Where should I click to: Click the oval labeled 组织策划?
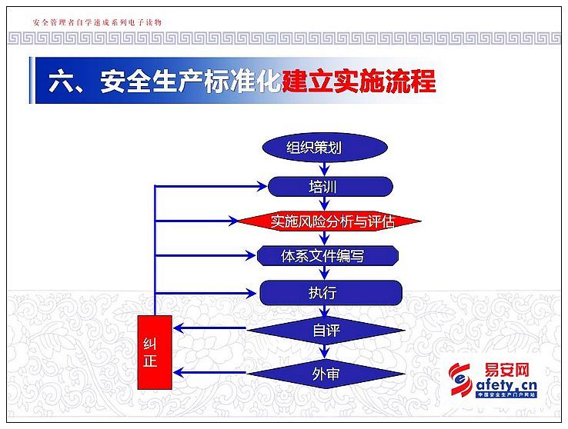pos(325,147)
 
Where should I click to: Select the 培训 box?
pos(330,187)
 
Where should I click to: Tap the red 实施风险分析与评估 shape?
pos(329,221)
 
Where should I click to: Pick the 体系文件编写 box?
pos(327,256)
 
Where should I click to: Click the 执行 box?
pos(331,292)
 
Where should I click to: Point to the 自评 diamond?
pos(326,330)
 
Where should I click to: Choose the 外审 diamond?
pos(326,374)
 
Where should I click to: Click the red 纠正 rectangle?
pos(155,352)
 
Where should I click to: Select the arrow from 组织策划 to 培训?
pos(325,169)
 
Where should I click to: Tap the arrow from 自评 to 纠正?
pos(209,328)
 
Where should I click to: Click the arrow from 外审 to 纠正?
pos(209,373)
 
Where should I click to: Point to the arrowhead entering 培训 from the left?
pos(262,187)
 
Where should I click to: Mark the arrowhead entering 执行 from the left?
pos(252,293)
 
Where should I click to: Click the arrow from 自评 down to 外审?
pos(325,351)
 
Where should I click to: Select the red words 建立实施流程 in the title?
pos(359,81)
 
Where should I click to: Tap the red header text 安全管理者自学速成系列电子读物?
pos(97,22)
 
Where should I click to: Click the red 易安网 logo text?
pos(506,370)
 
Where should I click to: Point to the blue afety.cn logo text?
pos(506,385)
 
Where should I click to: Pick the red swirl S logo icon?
pos(460,380)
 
